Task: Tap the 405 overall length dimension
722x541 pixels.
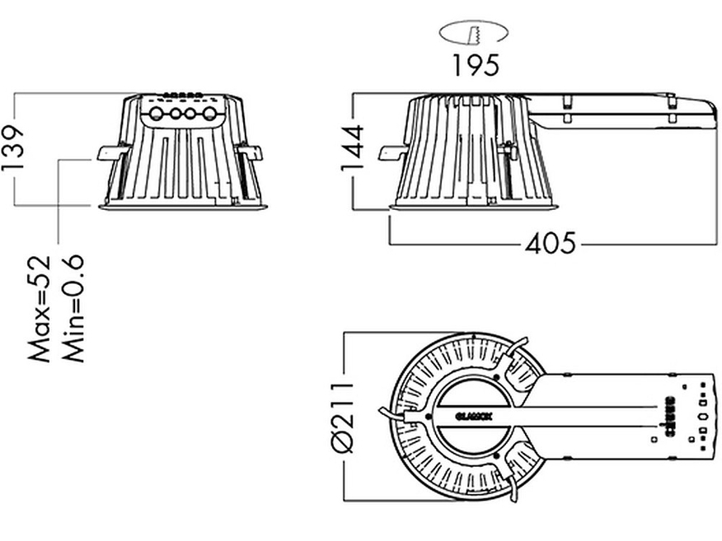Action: click(x=550, y=244)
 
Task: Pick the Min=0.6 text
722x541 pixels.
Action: click(x=73, y=309)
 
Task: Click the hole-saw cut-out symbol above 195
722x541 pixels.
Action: click(x=475, y=34)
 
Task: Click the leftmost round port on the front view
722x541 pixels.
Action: click(x=156, y=114)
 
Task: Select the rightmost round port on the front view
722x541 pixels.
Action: click(x=210, y=114)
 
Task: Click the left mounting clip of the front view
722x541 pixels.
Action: click(x=108, y=153)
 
